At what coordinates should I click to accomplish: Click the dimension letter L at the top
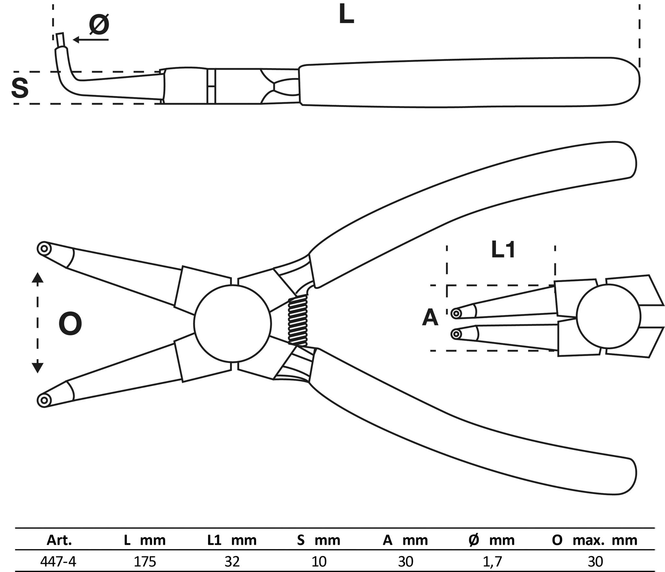[346, 15]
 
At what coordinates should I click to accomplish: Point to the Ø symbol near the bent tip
[99, 25]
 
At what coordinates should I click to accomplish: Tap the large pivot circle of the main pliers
[232, 323]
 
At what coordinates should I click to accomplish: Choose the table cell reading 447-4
[58, 561]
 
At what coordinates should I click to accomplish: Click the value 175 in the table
[145, 561]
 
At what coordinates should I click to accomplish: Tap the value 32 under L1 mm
[232, 561]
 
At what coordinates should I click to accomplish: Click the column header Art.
[59, 540]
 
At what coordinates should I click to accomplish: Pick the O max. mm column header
[595, 540]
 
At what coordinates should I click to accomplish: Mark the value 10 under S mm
[319, 561]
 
